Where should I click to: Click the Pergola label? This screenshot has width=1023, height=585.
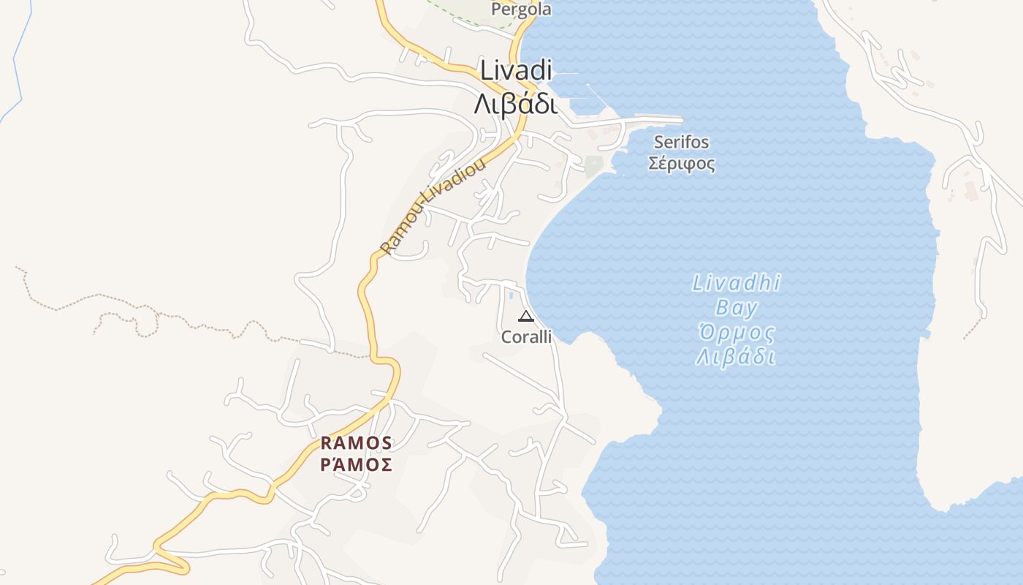(521, 10)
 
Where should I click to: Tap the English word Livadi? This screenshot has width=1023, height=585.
(515, 70)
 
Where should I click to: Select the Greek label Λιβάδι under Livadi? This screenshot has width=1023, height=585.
(515, 104)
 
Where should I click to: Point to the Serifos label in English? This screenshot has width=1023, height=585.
(681, 142)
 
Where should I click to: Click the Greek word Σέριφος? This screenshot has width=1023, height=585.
(682, 163)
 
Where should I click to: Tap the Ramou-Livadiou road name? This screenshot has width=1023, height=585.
(433, 207)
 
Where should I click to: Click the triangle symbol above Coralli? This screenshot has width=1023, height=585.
(525, 317)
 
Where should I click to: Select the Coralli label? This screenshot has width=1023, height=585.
(526, 337)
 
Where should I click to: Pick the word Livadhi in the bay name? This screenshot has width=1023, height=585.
(737, 283)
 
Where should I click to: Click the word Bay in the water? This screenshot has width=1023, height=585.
(737, 308)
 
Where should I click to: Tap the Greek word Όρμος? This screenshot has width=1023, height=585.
(737, 333)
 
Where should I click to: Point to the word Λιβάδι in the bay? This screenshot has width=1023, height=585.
(735, 358)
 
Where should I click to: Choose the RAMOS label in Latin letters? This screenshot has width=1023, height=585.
(357, 443)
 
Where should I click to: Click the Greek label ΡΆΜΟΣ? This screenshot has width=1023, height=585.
(357, 464)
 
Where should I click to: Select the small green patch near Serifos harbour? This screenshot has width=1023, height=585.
(593, 166)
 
